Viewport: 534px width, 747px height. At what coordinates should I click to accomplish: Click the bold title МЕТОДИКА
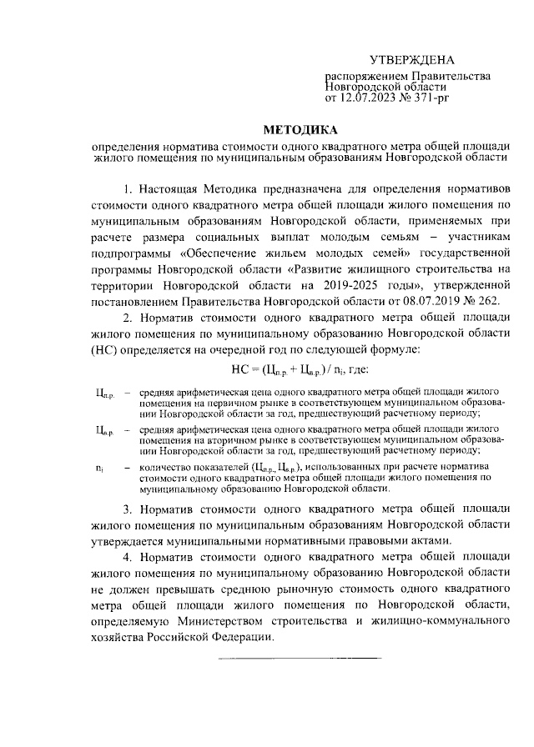(x=301, y=130)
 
